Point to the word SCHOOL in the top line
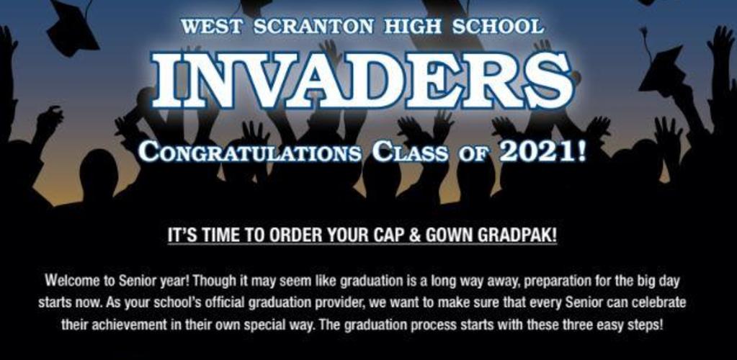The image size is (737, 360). (498, 27)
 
